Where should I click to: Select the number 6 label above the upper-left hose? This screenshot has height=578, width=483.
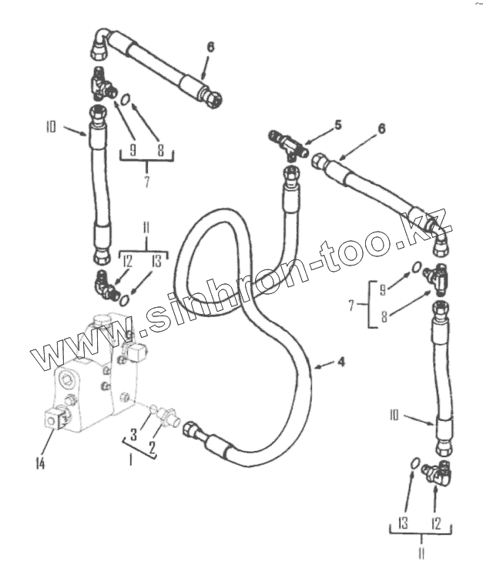[210, 47]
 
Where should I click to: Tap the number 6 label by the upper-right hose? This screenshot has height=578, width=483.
[380, 130]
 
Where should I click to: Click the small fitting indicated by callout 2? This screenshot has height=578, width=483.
[164, 413]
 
